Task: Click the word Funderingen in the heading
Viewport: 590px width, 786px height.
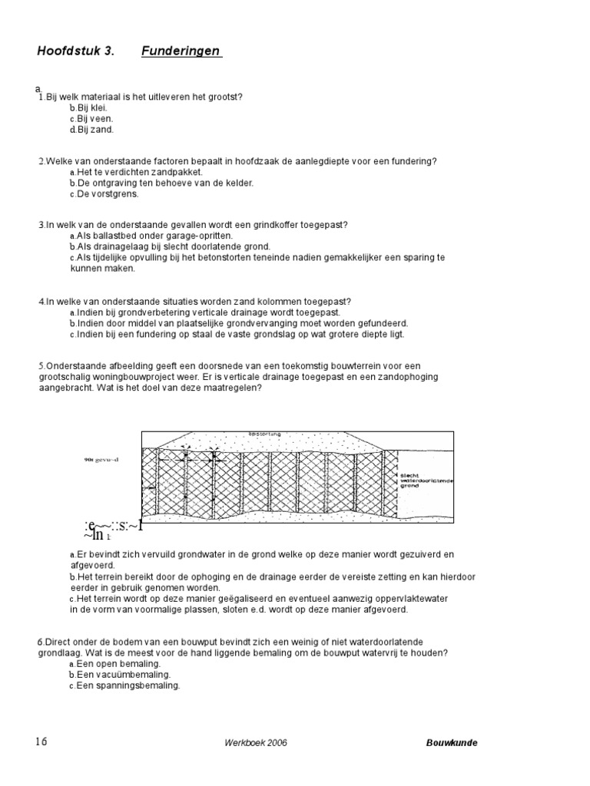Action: point(181,51)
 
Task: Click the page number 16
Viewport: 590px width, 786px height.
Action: point(41,741)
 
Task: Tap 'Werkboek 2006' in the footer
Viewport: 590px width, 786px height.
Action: point(257,743)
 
